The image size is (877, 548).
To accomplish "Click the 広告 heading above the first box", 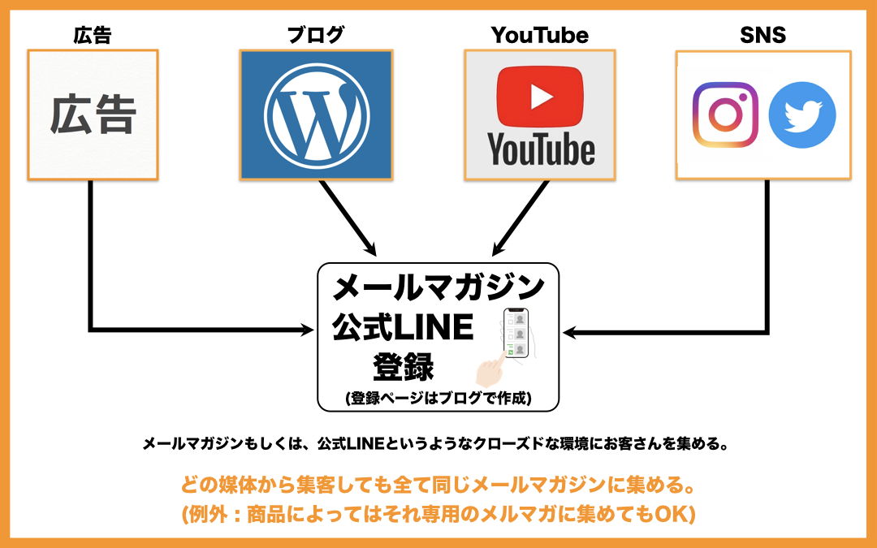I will [92, 35].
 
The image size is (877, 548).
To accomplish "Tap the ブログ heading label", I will [316, 35].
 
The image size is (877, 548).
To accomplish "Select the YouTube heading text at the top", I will [539, 35].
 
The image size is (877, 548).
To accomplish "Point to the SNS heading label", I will [763, 35].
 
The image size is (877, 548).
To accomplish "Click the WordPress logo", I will [316, 114].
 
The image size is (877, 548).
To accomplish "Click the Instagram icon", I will [725, 114].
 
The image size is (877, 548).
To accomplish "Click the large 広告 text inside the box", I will [92, 115].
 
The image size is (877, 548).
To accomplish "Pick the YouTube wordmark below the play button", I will [540, 149].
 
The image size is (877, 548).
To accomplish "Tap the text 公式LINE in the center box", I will [403, 327].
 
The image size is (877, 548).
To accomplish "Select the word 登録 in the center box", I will [404, 366].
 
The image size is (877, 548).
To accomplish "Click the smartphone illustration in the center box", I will [516, 333].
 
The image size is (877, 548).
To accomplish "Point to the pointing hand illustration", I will [490, 371].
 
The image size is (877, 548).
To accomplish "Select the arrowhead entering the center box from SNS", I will [568, 331].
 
